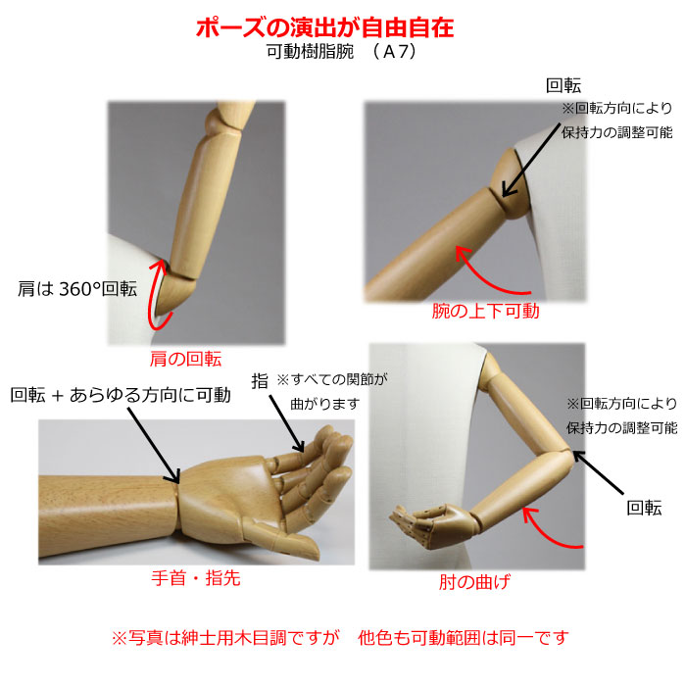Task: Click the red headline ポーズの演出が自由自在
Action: pyautogui.click(x=324, y=28)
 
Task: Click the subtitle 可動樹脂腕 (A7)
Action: pyautogui.click(x=341, y=52)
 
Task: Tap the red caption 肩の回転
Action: pyautogui.click(x=185, y=359)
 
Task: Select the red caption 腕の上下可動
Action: pyautogui.click(x=485, y=311)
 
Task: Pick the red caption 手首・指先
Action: pyautogui.click(x=196, y=578)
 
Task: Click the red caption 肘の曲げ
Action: pyautogui.click(x=474, y=582)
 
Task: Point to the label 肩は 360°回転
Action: pyautogui.click(x=77, y=289)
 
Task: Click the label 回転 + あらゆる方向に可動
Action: pyautogui.click(x=121, y=395)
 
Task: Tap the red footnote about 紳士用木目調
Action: pyautogui.click(x=340, y=638)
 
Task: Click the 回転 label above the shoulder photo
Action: pyautogui.click(x=563, y=86)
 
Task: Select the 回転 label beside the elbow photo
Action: pyautogui.click(x=644, y=508)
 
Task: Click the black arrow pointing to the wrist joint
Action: pyautogui.click(x=154, y=445)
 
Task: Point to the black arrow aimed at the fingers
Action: pyautogui.click(x=286, y=423)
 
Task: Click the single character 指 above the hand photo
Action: pyautogui.click(x=260, y=380)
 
